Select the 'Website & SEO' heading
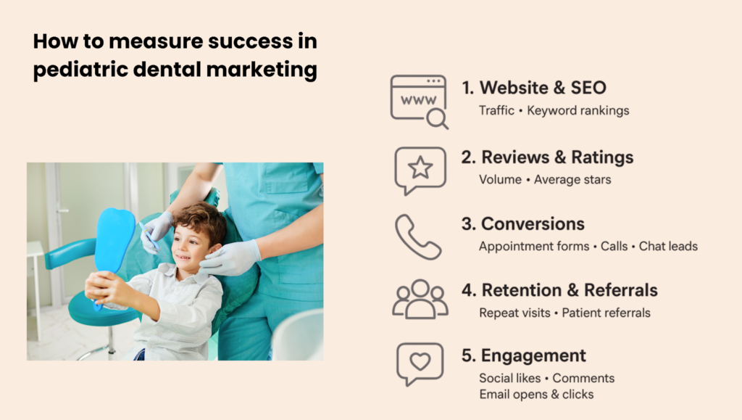[534, 88]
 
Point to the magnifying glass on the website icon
[437, 119]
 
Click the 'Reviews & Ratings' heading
[547, 157]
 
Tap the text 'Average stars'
[572, 180]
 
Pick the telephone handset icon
[418, 236]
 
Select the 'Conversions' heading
[523, 224]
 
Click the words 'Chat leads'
[668, 246]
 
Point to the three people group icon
[420, 300]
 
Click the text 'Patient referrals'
[606, 313]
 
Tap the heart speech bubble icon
[420, 363]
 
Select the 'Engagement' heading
[524, 355]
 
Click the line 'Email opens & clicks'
[536, 395]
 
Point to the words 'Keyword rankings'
[578, 111]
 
